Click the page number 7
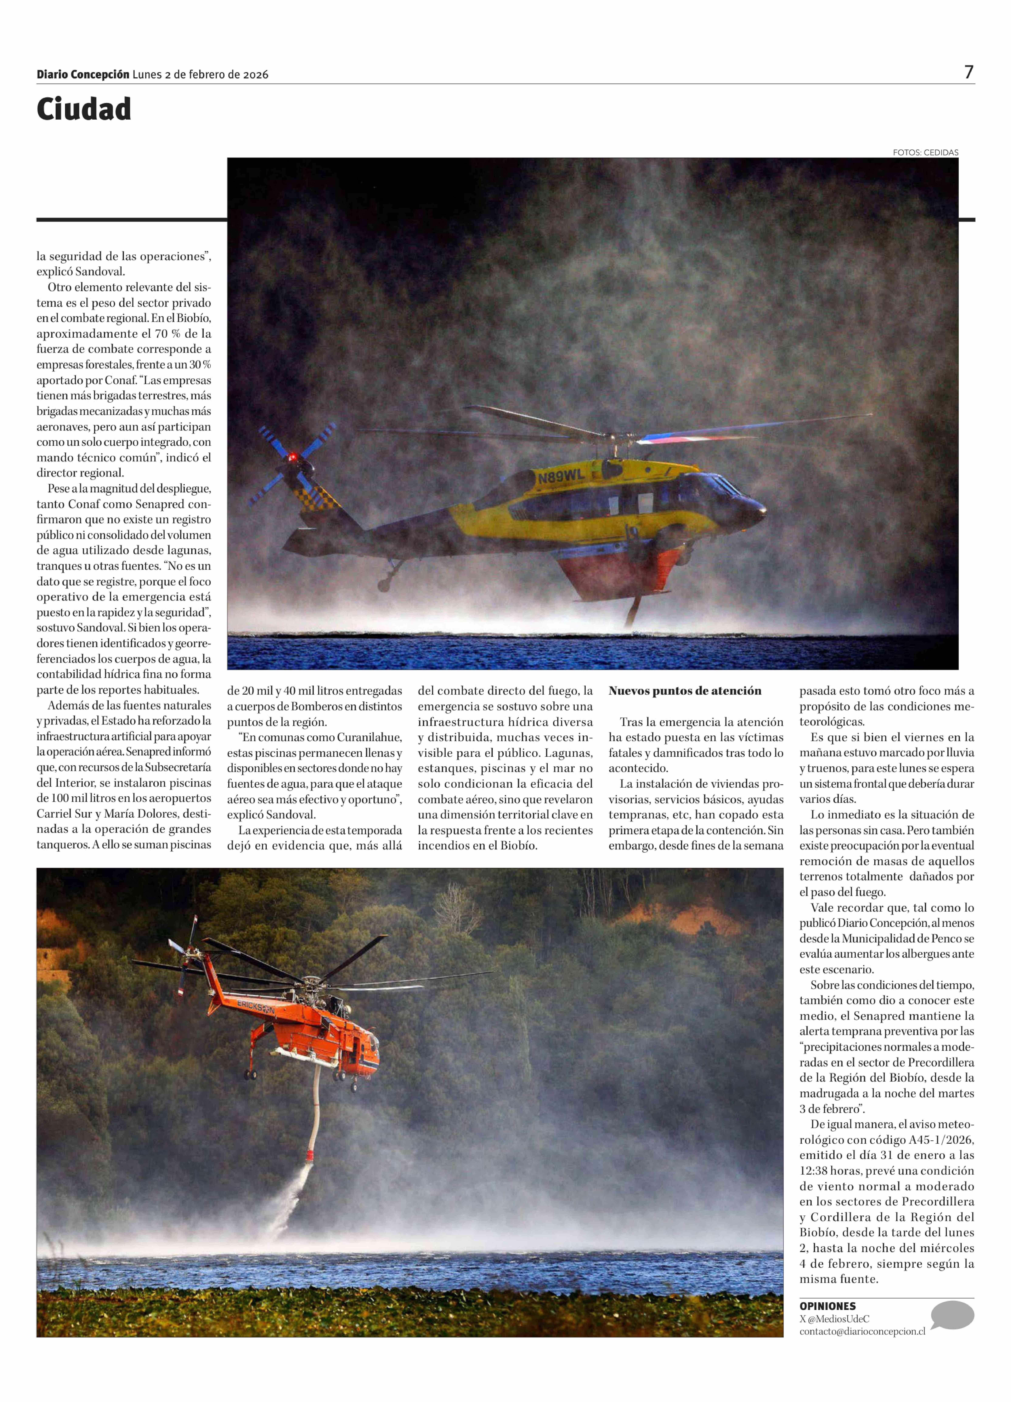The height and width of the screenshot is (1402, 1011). pyautogui.click(x=968, y=72)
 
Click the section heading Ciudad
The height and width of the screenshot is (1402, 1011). pyautogui.click(x=84, y=109)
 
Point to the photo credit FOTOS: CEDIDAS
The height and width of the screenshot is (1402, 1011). pyautogui.click(x=925, y=152)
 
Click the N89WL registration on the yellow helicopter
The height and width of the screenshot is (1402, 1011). pyautogui.click(x=560, y=477)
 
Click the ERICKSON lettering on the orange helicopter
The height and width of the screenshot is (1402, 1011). pyautogui.click(x=255, y=1006)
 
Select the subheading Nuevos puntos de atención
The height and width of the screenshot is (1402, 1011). pyautogui.click(x=685, y=691)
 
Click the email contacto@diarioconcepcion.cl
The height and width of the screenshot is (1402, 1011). pyautogui.click(x=862, y=1331)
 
